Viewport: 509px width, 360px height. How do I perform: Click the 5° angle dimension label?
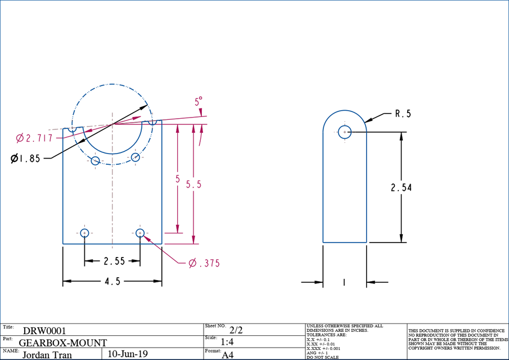coord(199,102)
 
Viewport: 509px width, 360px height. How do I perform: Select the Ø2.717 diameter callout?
coord(34,138)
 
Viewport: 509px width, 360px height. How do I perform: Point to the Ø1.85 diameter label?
coord(26,159)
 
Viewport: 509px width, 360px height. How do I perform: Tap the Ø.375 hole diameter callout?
coord(204,263)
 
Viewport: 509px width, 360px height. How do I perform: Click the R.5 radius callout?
coord(403,114)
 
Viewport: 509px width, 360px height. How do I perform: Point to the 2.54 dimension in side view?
coord(401,187)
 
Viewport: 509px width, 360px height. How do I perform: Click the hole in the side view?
coord(345,132)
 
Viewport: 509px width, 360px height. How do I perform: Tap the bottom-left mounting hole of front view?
coord(84,233)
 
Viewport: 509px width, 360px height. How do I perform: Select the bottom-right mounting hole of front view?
coord(140,233)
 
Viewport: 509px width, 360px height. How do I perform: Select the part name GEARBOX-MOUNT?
coord(62,343)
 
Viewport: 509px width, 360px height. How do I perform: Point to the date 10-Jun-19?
coord(127,354)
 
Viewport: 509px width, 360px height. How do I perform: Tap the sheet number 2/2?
coord(236,331)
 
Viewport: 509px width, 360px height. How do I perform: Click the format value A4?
coord(228,355)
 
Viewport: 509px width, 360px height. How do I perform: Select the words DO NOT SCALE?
coord(322,357)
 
